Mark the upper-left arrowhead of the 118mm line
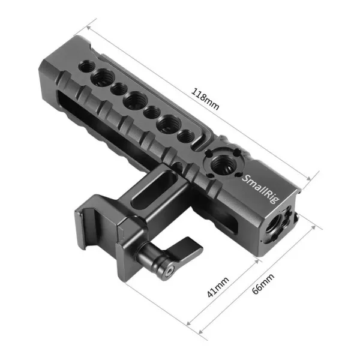(89, 28)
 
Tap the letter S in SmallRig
(245, 176)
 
